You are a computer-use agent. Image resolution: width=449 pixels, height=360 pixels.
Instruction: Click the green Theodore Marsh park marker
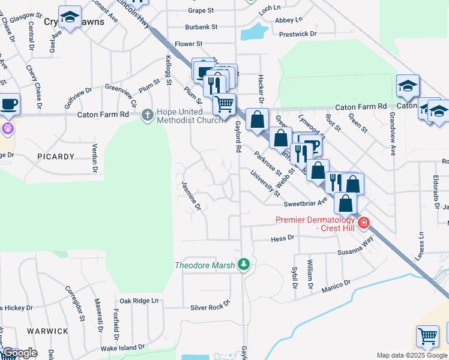pyautogui.click(x=243, y=264)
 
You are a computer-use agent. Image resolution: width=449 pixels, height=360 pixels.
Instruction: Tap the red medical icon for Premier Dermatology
pyautogui.click(x=363, y=223)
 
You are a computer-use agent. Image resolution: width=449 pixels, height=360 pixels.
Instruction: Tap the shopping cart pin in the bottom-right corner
pyautogui.click(x=427, y=336)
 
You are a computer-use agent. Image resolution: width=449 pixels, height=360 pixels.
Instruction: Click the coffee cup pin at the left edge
pyautogui.click(x=9, y=104)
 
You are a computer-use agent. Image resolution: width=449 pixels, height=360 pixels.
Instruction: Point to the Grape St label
pyautogui.click(x=200, y=11)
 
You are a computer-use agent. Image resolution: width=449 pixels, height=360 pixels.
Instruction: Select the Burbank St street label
pyautogui.click(x=200, y=27)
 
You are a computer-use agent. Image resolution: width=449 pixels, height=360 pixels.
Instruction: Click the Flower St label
pyautogui.click(x=188, y=44)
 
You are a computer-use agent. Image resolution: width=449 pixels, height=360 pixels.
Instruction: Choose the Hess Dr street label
pyautogui.click(x=283, y=238)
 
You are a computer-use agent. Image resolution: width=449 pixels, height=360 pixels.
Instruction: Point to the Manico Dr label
pyautogui.click(x=335, y=287)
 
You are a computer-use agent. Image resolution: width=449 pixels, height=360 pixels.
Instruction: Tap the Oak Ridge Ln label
pyautogui.click(x=139, y=301)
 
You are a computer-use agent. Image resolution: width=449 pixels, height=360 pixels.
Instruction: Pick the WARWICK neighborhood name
pyautogui.click(x=47, y=331)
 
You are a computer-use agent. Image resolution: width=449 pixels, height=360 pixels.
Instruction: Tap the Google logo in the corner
pyautogui.click(x=20, y=353)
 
